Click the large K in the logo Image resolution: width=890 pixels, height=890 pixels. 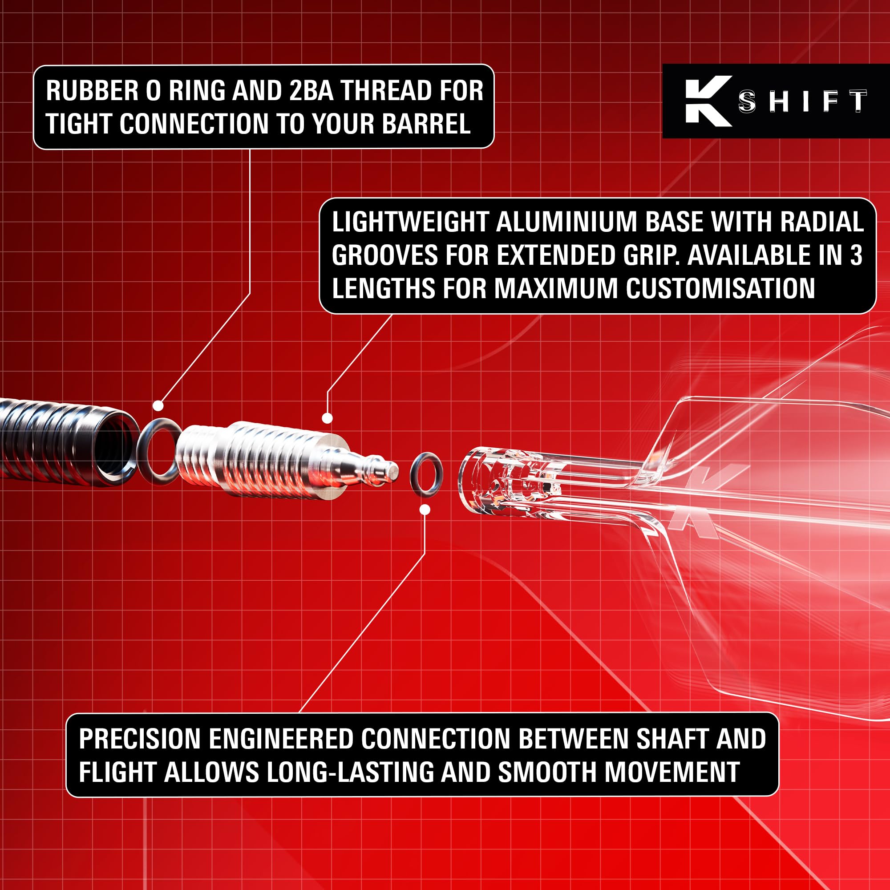click(x=708, y=101)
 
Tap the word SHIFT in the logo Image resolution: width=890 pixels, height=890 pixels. click(x=802, y=101)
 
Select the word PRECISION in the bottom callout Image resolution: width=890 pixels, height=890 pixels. click(x=142, y=739)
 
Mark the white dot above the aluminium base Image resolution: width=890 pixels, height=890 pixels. click(x=327, y=418)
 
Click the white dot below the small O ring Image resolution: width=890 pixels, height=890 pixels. click(x=425, y=510)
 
